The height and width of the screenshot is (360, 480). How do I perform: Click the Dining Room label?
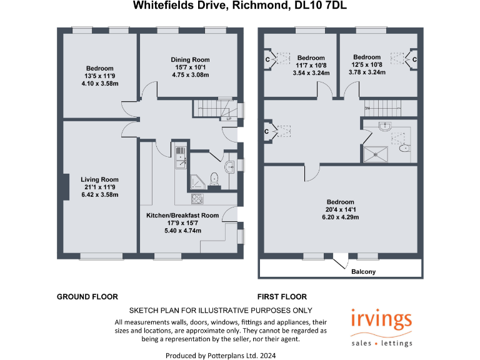[189, 60]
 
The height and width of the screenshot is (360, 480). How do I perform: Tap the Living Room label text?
[99, 179]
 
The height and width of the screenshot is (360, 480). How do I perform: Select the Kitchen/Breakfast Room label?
[182, 216]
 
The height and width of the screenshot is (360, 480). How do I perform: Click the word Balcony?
[363, 271]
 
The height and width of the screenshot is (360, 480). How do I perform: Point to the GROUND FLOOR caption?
[87, 297]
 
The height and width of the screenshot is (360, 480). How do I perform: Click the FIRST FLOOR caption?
[282, 297]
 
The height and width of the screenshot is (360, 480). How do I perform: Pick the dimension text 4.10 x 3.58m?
[99, 84]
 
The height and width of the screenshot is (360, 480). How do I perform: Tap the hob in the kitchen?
[196, 199]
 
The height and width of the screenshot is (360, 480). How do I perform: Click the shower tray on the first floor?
[377, 152]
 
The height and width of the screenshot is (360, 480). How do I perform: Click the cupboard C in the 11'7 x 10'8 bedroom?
[268, 59]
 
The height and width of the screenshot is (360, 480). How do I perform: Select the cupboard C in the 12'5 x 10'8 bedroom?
[414, 59]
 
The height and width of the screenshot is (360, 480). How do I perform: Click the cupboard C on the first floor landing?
[267, 132]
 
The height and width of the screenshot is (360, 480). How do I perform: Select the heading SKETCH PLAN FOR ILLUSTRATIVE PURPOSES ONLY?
[221, 311]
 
